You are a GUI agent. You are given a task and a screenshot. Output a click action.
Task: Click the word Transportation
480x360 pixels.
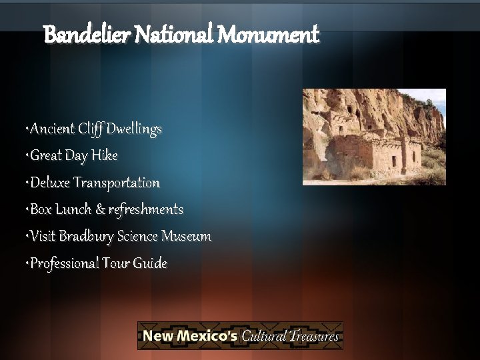[x=117, y=183]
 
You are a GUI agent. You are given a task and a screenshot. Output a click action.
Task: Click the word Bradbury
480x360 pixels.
[x=86, y=237]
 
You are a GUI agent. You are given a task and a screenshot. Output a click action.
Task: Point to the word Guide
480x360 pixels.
[x=150, y=263]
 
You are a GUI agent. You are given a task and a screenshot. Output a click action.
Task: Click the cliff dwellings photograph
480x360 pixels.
[x=374, y=137]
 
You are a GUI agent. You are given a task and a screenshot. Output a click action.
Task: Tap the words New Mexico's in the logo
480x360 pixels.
[x=189, y=335]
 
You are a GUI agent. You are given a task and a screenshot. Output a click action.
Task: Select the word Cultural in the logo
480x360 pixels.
[x=264, y=335]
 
